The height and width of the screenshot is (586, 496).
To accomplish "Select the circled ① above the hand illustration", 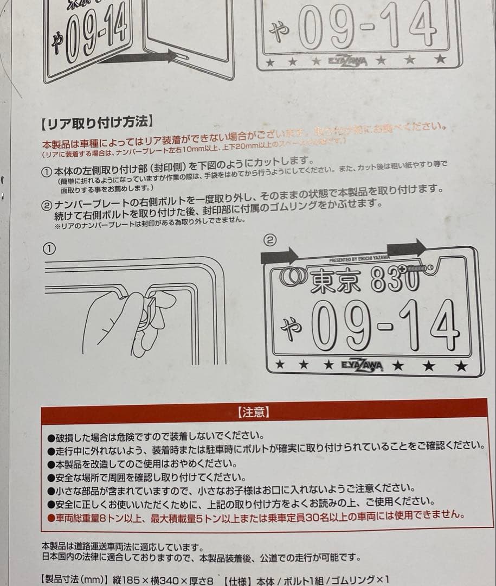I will coord(49,248).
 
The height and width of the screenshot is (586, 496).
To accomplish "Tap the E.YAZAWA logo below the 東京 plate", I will coord(361,366).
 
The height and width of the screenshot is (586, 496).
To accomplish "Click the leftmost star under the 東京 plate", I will coord(280,365).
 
